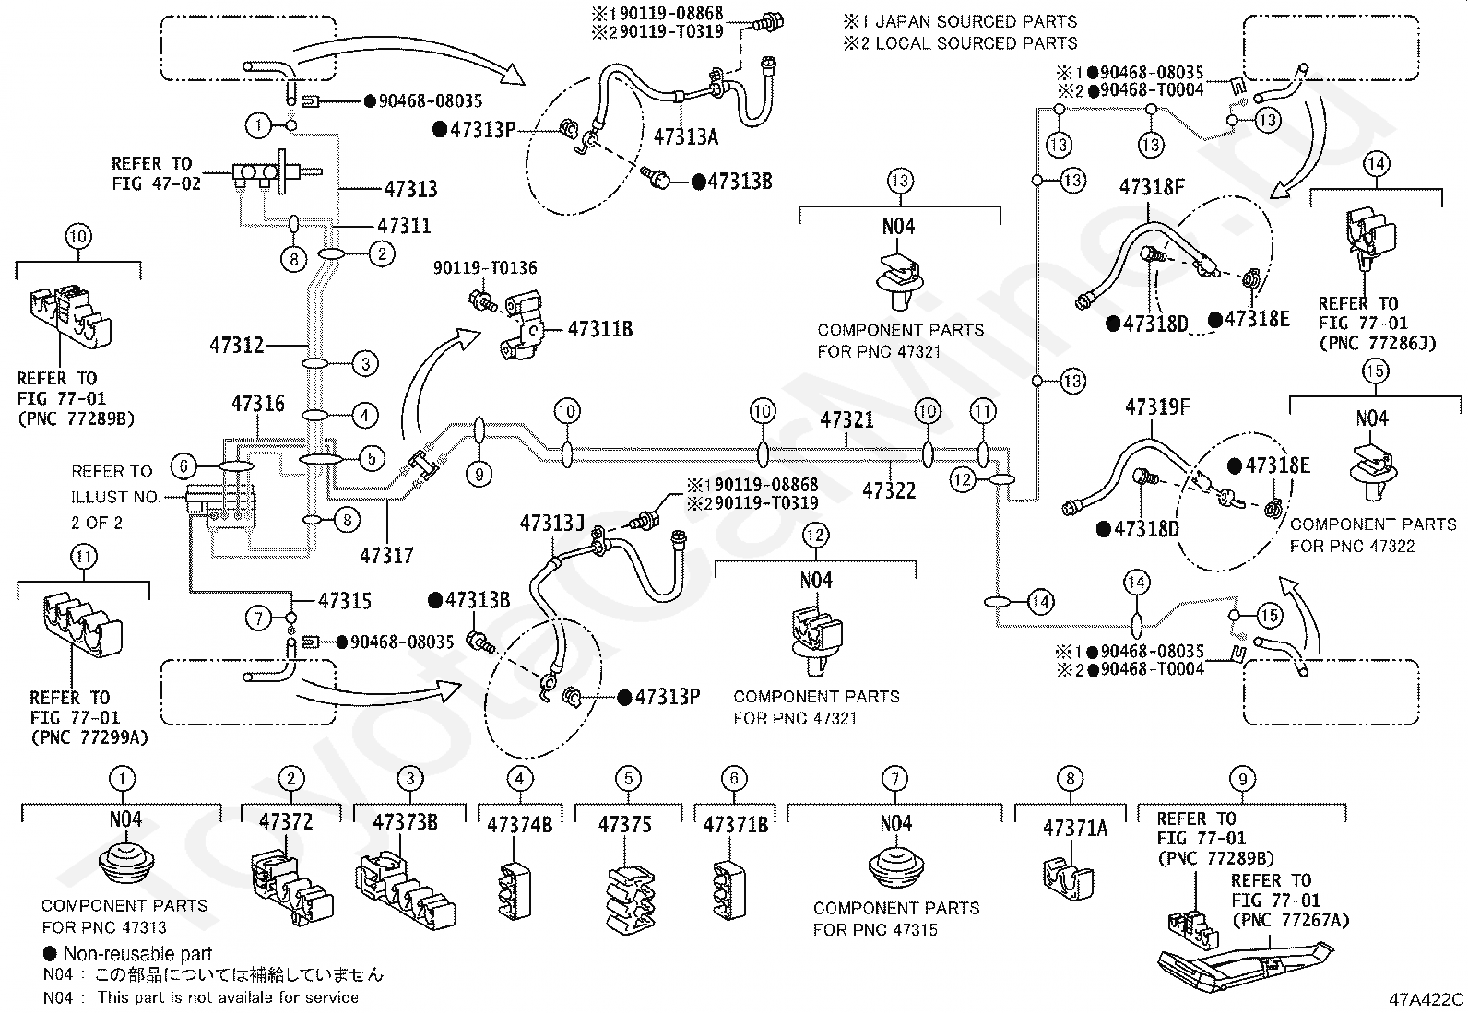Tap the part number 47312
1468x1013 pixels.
(x=237, y=345)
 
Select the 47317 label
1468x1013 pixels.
(x=386, y=556)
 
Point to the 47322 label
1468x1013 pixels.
(x=889, y=490)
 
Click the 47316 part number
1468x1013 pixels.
(x=258, y=404)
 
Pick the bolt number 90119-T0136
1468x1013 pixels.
(x=485, y=267)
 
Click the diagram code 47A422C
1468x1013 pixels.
(x=1427, y=999)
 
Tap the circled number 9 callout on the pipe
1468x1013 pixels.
(x=479, y=475)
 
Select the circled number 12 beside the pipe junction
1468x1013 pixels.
(x=962, y=479)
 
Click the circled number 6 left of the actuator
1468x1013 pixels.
(x=183, y=465)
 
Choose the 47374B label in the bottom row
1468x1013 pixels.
(x=520, y=824)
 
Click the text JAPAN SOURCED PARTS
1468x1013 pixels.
(x=977, y=21)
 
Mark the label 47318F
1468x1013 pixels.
(x=1152, y=187)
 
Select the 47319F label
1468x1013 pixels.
(x=1157, y=406)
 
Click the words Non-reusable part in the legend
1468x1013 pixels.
(x=138, y=954)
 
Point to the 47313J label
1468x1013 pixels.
(x=551, y=523)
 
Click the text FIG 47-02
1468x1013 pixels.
(x=156, y=183)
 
